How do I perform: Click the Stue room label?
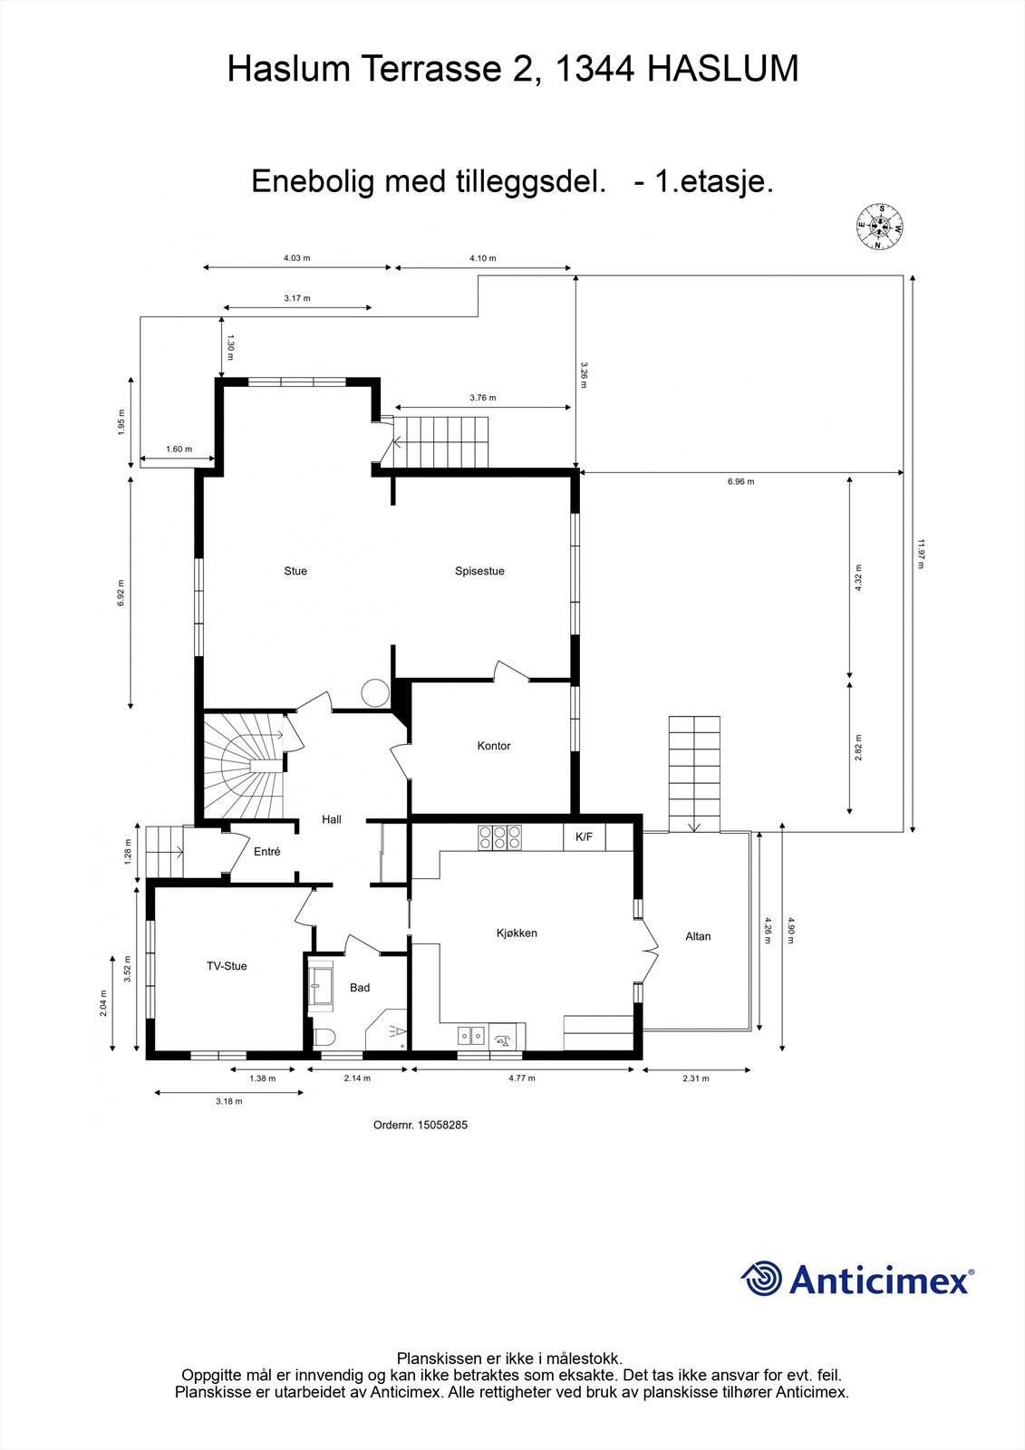click(x=295, y=571)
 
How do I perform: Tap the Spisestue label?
click(x=479, y=571)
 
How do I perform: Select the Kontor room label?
click(x=494, y=746)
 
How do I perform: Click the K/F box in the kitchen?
click(x=585, y=837)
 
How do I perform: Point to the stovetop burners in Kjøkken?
click(x=499, y=836)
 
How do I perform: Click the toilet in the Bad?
click(x=324, y=1036)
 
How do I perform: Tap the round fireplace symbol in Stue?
click(x=374, y=693)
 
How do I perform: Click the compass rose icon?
click(x=879, y=226)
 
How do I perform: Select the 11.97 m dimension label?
click(x=921, y=554)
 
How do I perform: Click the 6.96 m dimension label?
click(x=740, y=481)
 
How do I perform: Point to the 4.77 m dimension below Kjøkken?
click(x=521, y=1078)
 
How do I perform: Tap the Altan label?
click(x=698, y=936)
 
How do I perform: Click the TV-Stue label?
click(x=227, y=966)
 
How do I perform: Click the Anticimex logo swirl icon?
click(x=761, y=1279)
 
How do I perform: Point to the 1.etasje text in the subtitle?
click(x=714, y=181)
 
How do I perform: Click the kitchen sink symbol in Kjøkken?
click(x=471, y=1034)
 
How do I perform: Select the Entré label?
click(x=266, y=852)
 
